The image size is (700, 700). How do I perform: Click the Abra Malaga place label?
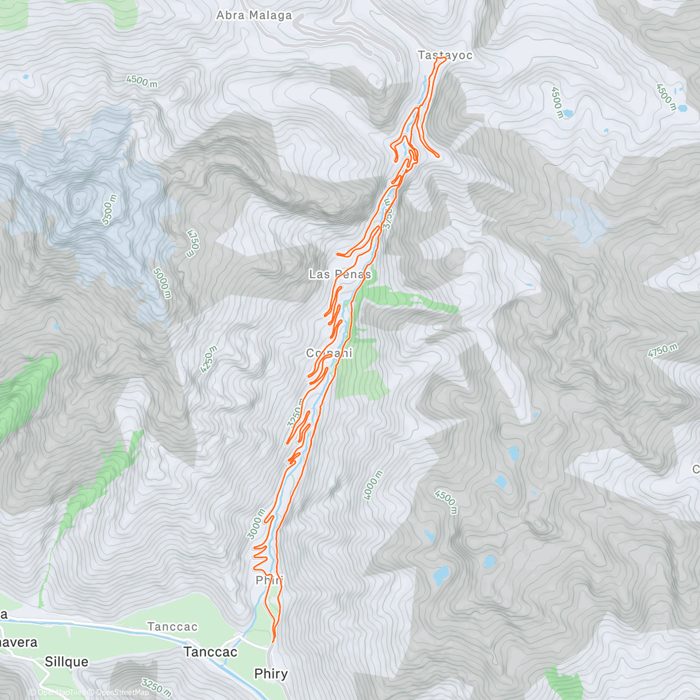(254, 16)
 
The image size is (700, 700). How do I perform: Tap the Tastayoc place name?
(444, 55)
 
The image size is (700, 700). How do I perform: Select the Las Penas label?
(339, 274)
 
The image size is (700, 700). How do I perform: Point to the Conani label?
(329, 353)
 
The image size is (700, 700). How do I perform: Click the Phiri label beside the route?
(269, 580)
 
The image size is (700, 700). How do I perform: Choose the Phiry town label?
(271, 674)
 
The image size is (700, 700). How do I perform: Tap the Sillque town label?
(66, 661)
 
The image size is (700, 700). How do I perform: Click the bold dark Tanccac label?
(211, 652)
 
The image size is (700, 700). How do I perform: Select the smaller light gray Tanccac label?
(172, 626)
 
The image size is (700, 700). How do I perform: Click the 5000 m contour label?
(163, 282)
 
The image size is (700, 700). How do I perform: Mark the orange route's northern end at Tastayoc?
(444, 58)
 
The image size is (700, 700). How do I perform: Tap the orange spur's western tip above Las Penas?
(338, 254)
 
